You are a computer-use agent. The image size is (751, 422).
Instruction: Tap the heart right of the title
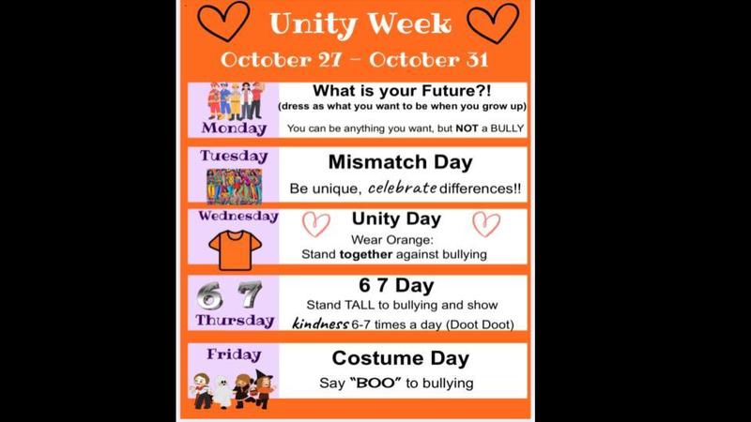point(496,21)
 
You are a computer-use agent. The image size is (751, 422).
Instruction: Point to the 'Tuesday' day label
point(233,157)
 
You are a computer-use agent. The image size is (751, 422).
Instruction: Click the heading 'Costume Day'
point(400,357)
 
